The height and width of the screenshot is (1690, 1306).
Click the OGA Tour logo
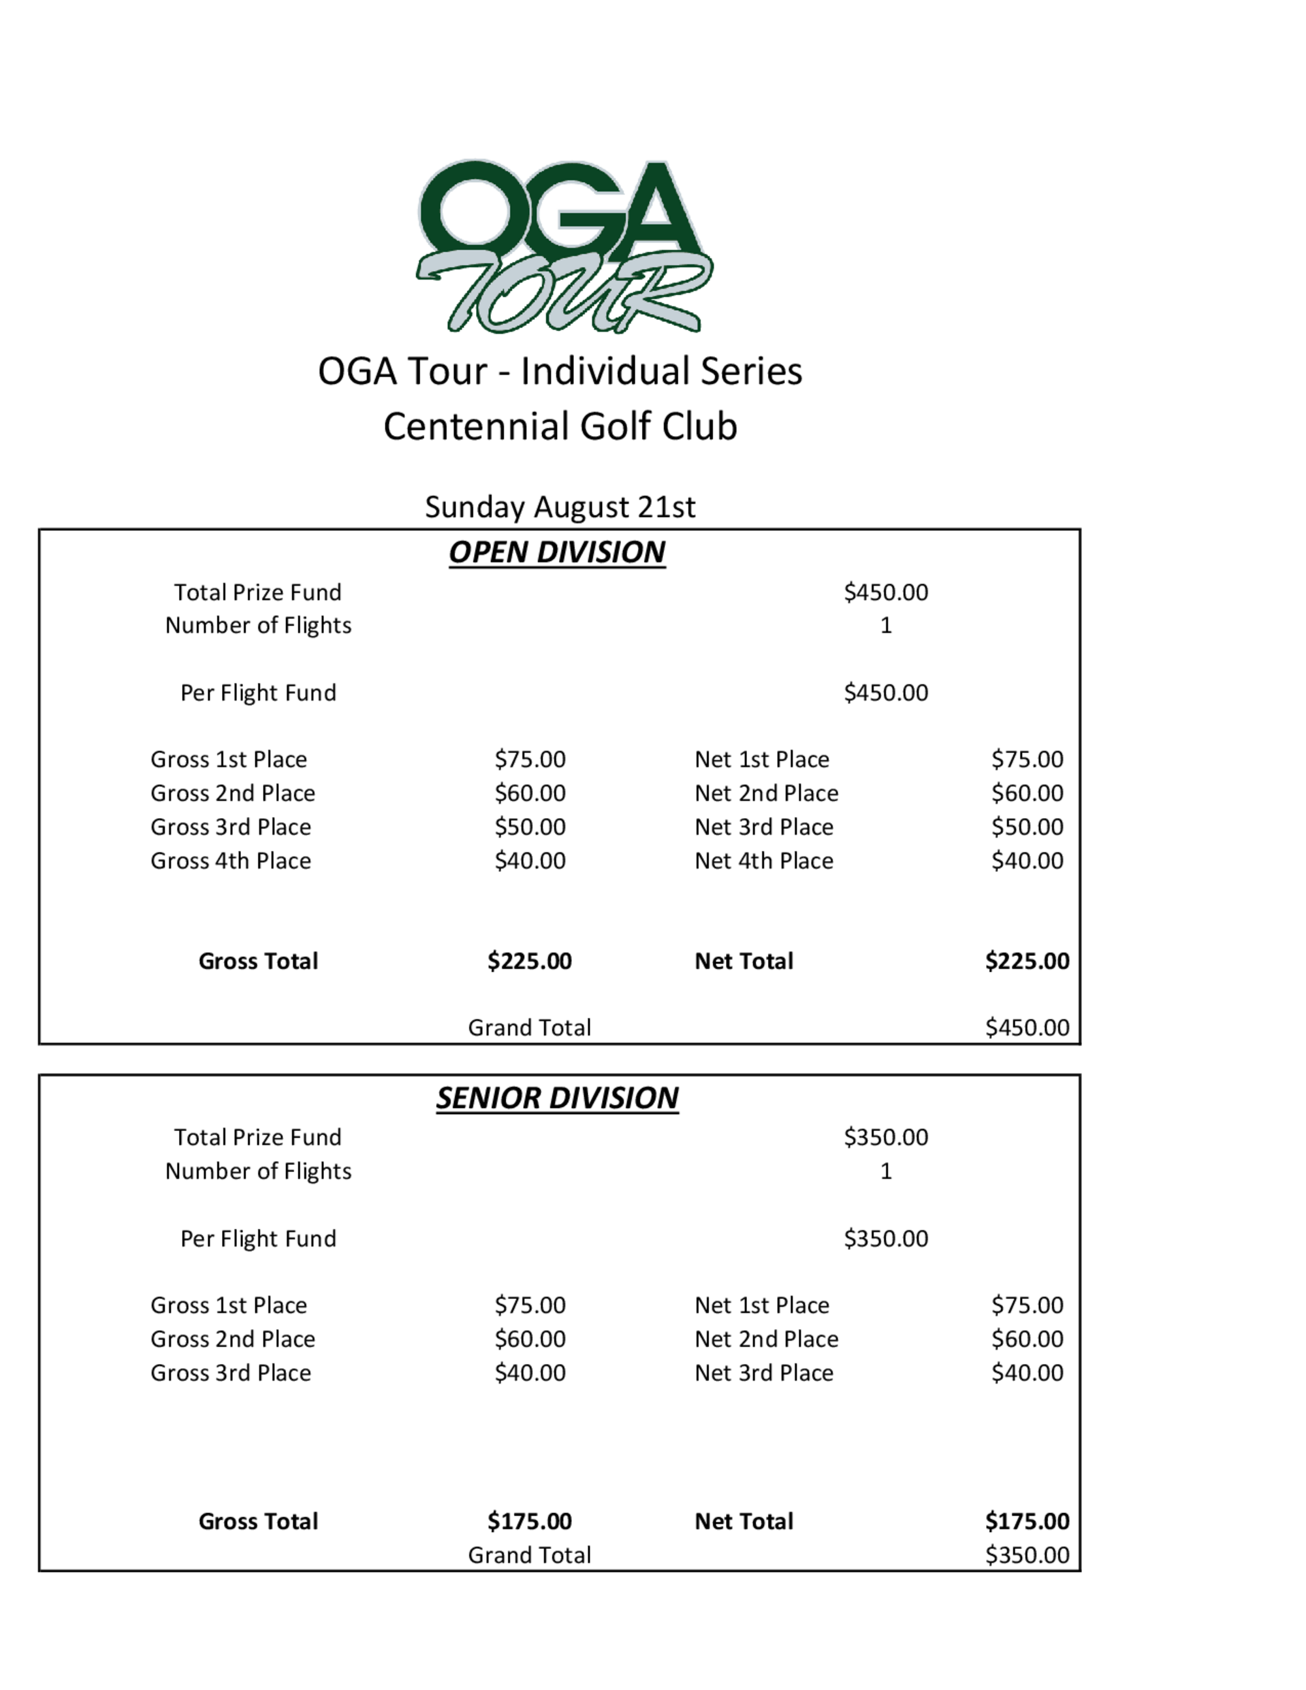(x=564, y=246)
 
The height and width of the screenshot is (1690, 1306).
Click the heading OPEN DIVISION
(x=557, y=552)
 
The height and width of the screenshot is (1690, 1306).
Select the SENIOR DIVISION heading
(x=557, y=1098)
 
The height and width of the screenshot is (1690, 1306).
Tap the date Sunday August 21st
(x=560, y=507)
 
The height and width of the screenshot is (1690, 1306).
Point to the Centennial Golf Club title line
(x=560, y=426)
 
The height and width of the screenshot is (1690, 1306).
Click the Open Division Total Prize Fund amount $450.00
(x=886, y=593)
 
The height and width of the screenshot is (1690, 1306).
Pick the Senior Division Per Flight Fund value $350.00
(x=886, y=1239)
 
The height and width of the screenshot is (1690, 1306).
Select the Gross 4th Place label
(x=231, y=861)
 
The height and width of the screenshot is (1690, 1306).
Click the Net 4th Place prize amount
(x=1027, y=861)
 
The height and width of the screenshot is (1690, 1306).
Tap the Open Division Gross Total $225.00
(x=529, y=961)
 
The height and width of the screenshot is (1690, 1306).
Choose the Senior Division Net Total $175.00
(x=1027, y=1522)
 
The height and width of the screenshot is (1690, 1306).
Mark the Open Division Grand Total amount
(x=1027, y=1028)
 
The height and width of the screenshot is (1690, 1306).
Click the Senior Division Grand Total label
(x=529, y=1555)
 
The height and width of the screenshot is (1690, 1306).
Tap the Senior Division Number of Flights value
(x=886, y=1172)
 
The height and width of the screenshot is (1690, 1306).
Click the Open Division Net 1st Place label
(x=761, y=760)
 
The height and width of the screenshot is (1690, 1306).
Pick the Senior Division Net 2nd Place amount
(x=1027, y=1339)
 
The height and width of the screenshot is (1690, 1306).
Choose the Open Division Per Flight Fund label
(x=259, y=693)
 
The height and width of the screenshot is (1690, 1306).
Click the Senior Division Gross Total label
(x=259, y=1522)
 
